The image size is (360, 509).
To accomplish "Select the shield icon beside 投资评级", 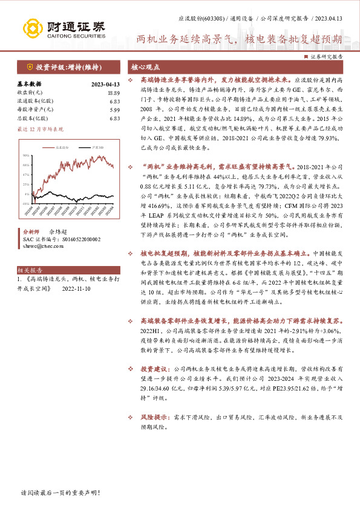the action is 28,66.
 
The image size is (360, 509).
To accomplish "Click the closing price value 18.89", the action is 113,92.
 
